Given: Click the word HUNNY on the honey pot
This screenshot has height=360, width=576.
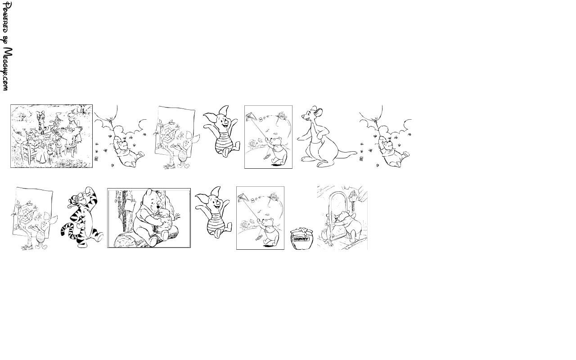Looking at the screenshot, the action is click(301, 239).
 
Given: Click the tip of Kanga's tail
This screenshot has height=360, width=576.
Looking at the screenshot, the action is click(356, 152).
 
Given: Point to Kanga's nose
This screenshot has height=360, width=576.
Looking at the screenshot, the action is click(303, 116).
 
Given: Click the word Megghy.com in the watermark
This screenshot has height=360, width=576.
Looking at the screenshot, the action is click(8, 69).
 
